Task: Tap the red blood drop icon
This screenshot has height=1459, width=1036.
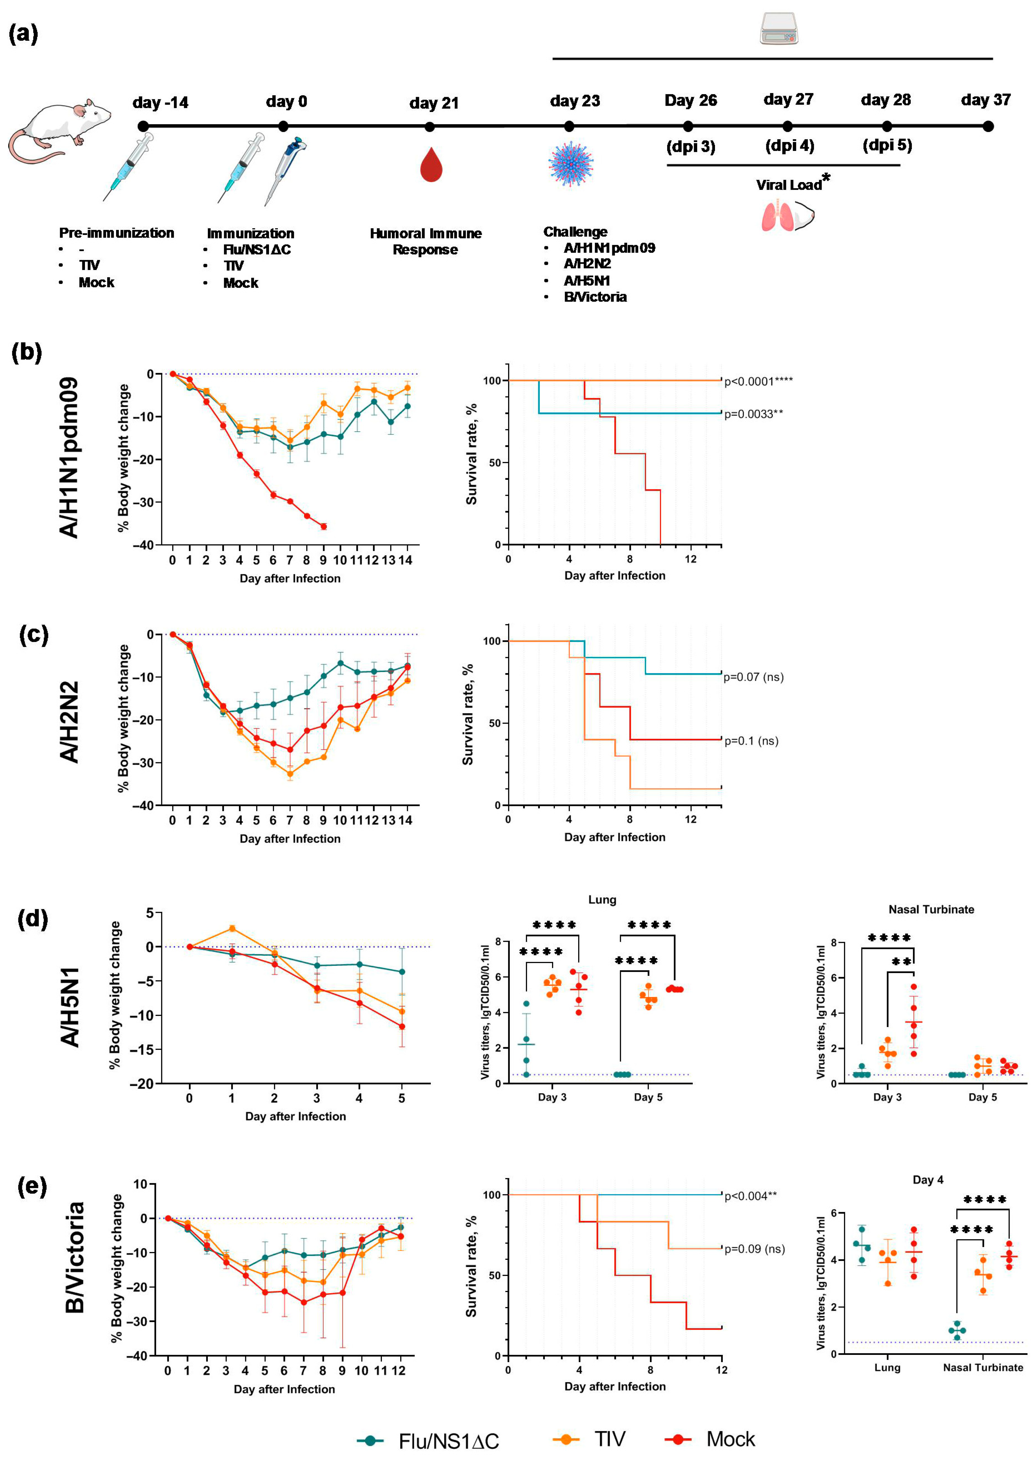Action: coord(431,165)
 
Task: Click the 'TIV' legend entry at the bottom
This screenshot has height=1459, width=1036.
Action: coord(609,1439)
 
